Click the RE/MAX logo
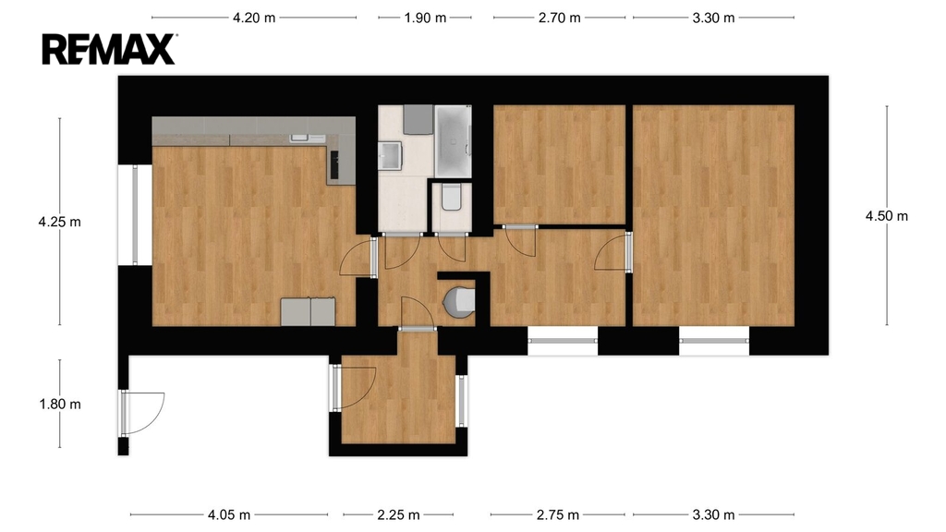109,49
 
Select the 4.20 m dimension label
254,18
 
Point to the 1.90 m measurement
425,18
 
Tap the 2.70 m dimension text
559,18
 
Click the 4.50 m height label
886,216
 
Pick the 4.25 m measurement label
60,222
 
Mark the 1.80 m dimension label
60,405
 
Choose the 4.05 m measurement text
229,515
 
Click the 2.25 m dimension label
398,515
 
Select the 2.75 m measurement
557,515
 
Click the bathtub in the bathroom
453,141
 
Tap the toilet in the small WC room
451,198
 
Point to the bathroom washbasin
390,155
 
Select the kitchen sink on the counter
299,139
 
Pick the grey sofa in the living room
308,312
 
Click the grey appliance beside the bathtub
418,120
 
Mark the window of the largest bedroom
714,341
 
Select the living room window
135,214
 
